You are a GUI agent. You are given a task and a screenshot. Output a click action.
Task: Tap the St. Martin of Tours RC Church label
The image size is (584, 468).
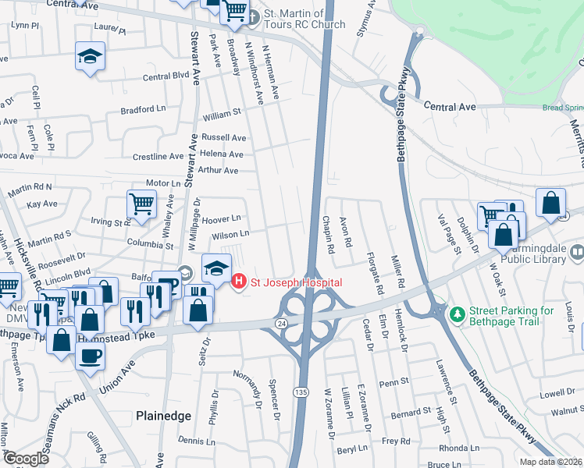(304, 19)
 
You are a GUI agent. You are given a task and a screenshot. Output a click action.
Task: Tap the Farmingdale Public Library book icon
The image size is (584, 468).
(577, 252)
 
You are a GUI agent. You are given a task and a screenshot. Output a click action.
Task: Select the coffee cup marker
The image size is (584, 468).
(90, 356)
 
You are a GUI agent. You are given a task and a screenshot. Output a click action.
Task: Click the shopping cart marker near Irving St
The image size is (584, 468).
(141, 204)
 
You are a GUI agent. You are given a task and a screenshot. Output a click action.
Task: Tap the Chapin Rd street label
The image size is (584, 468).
(330, 235)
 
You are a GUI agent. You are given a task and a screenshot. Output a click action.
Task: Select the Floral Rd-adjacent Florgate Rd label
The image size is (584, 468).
(379, 275)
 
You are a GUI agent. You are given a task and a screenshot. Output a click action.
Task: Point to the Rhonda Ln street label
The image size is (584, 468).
(459, 448)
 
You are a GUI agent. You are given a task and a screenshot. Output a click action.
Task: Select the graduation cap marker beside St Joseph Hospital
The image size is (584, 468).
(216, 268)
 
